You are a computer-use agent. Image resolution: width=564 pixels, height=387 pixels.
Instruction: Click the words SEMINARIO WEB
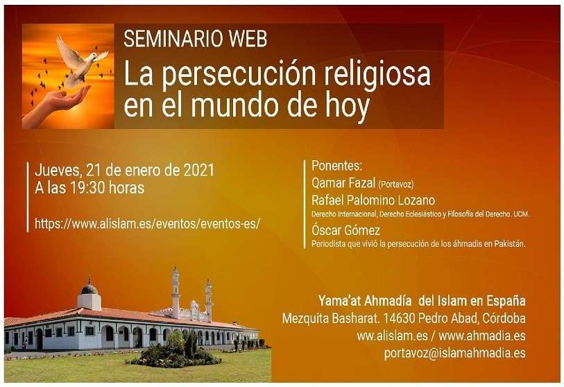click(x=196, y=39)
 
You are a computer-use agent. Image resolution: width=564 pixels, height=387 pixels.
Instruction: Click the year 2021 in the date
click(x=199, y=170)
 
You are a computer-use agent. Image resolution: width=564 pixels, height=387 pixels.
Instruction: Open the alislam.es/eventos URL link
click(x=147, y=224)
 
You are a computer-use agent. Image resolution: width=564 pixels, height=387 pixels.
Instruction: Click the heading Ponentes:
click(x=336, y=166)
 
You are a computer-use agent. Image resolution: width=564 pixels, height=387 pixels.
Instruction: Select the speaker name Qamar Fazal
click(x=343, y=183)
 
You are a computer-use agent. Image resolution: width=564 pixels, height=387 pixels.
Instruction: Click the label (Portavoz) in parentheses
click(x=395, y=184)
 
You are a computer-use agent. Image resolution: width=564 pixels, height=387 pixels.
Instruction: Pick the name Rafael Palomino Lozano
click(x=373, y=200)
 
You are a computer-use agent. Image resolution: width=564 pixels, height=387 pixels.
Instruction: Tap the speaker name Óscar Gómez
click(x=345, y=230)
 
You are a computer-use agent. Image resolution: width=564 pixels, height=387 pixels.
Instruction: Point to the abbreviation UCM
click(x=520, y=214)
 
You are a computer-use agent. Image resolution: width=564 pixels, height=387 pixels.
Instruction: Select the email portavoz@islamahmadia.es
click(x=454, y=353)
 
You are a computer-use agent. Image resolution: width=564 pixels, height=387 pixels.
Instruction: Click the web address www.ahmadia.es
click(x=482, y=336)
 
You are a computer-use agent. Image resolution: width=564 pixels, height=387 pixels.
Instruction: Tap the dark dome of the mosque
click(x=89, y=289)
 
